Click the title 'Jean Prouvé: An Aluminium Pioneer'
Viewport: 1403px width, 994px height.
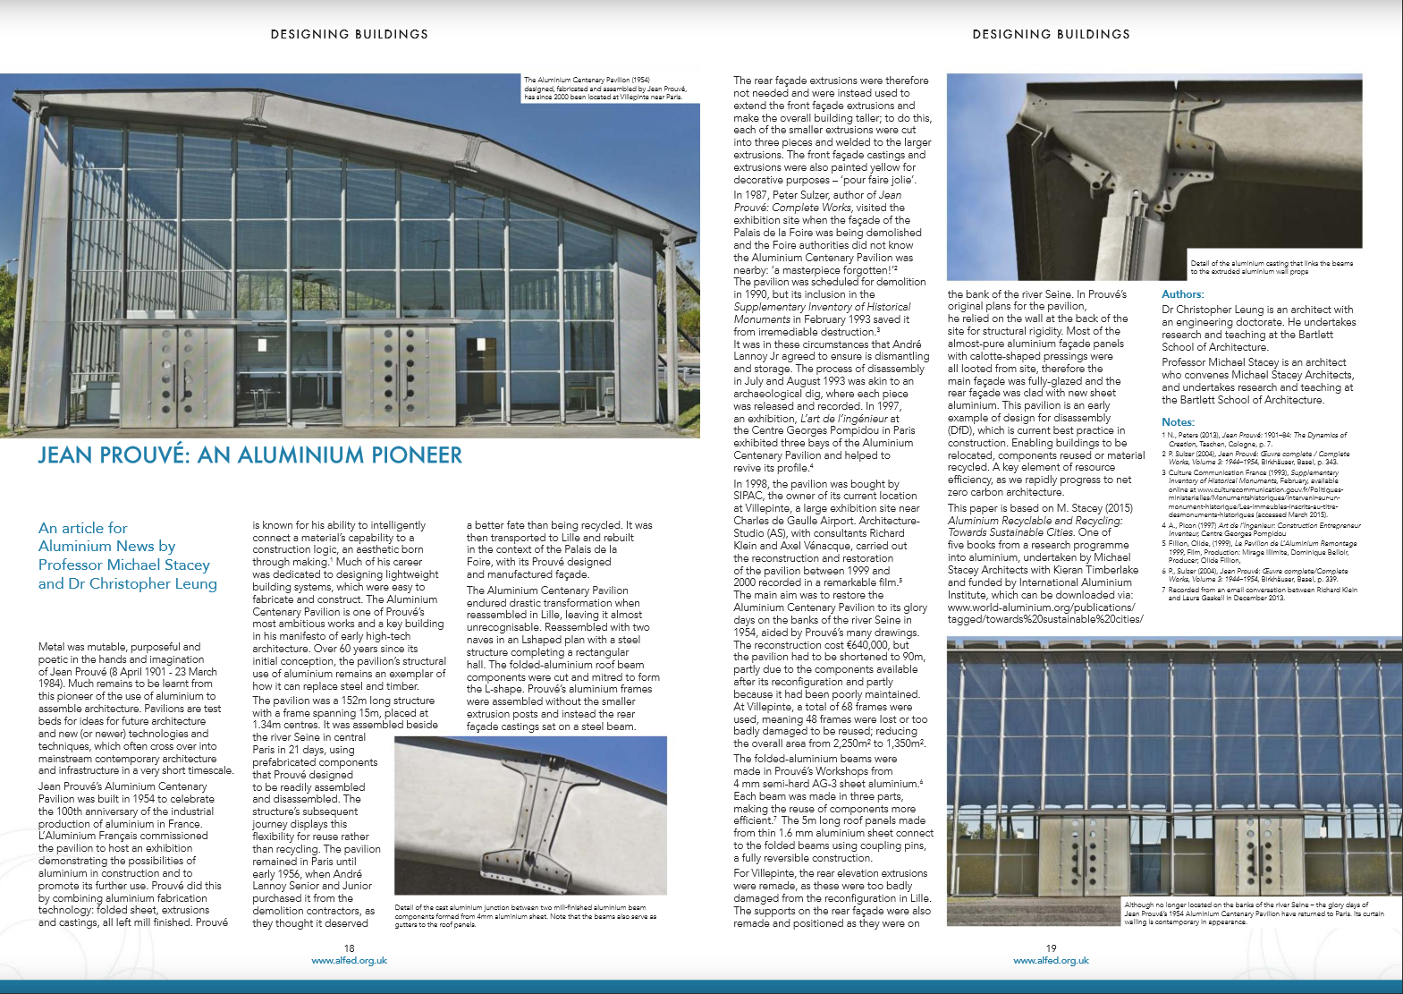click(249, 455)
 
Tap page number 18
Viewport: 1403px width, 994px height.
click(349, 947)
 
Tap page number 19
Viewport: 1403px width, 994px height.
click(1051, 947)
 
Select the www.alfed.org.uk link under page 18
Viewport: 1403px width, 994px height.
click(349, 960)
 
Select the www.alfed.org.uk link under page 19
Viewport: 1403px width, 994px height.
click(1051, 960)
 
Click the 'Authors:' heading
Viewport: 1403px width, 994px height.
click(1182, 294)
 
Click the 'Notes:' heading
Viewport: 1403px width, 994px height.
click(1178, 422)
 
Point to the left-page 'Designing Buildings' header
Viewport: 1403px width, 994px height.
click(349, 34)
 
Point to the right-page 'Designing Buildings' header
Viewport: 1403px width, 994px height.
click(1051, 34)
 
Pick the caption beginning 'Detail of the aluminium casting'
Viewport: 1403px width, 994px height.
click(1271, 267)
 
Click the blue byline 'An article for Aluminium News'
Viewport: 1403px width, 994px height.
click(127, 556)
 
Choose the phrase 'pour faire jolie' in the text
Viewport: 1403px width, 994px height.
click(886, 180)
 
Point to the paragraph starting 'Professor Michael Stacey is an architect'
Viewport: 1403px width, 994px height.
click(1257, 381)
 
